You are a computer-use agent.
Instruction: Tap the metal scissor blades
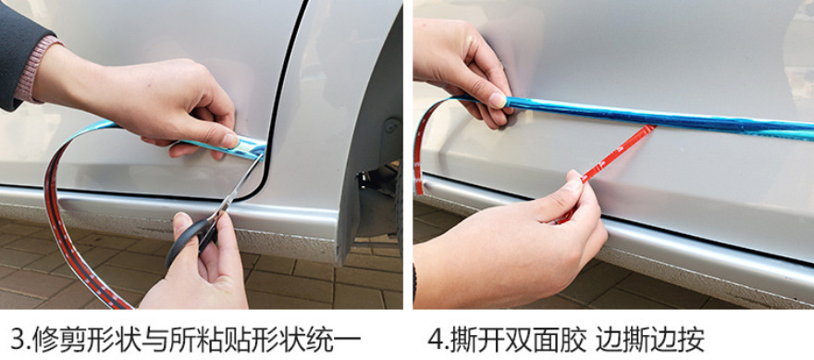coord(237,187)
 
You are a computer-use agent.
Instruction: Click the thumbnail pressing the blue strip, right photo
coord(498,100)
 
